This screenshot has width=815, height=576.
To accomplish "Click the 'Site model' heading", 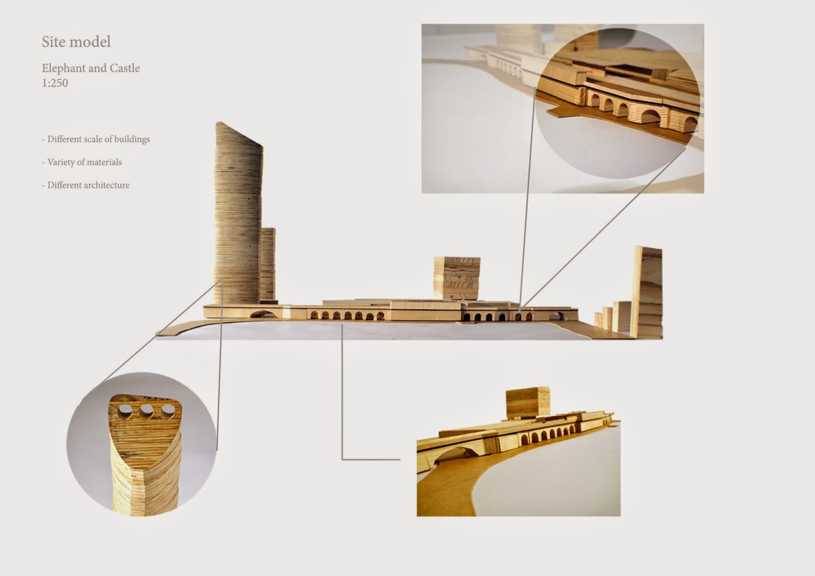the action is point(76,42).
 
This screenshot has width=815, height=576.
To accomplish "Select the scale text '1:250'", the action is point(55,83).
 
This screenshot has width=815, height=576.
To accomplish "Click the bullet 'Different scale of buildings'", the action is point(96,139).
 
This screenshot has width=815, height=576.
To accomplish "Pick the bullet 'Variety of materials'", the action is point(82,162).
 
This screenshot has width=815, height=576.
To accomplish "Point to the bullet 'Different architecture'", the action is point(86,185).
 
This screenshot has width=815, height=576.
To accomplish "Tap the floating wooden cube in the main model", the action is point(457,278).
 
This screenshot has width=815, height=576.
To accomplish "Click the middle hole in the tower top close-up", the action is point(147,412).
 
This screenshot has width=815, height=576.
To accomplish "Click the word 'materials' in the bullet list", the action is point(104,162).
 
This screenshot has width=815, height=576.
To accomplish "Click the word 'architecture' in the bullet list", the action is point(105,185).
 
